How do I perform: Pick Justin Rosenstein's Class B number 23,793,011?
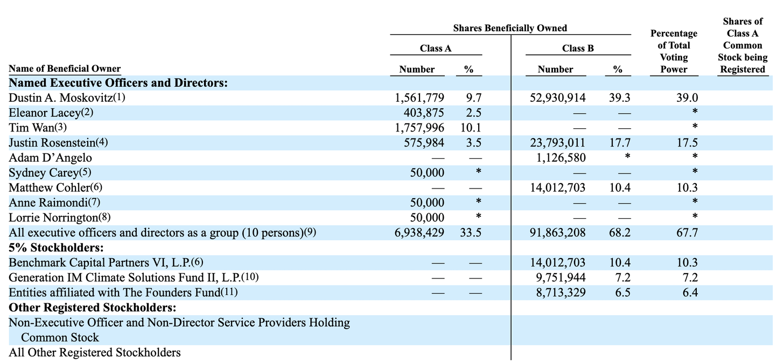[557, 143]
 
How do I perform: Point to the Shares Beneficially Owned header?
[510, 28]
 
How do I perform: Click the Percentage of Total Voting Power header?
[674, 51]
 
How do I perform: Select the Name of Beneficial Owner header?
[65, 68]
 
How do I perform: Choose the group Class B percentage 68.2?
[620, 233]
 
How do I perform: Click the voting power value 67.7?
[688, 233]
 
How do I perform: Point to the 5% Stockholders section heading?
[56, 248]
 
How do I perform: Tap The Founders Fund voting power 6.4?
[688, 293]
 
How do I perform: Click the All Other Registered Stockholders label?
[95, 353]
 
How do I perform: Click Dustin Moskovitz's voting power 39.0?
[688, 98]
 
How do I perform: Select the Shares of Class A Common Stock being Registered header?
[743, 45]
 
